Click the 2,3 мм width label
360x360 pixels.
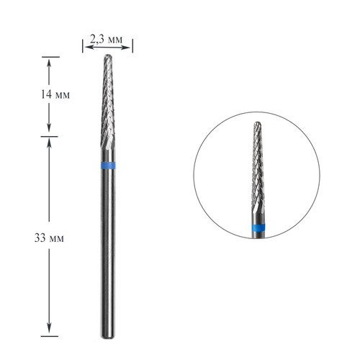coord(106,39)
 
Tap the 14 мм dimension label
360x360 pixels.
coord(55,94)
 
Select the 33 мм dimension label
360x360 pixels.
coord(49,238)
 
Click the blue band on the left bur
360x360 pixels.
coord(108,166)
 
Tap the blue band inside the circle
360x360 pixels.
coord(258,227)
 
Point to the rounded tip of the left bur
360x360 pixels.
coord(108,56)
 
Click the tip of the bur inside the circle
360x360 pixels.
coord(257,123)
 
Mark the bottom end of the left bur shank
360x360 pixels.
coord(107,338)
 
